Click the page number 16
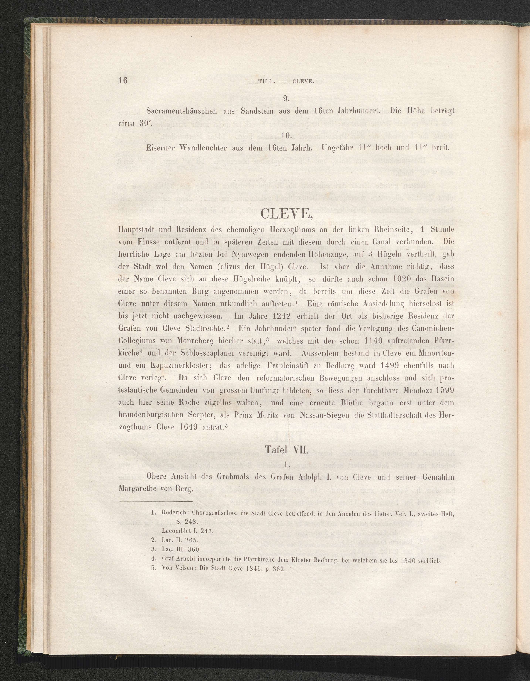pyautogui.click(x=123, y=80)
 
